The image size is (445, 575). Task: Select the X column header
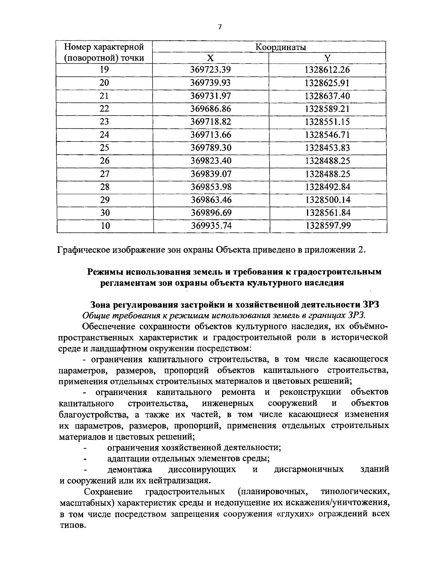211,58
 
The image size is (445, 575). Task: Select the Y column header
327,58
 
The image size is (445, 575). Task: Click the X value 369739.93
211,83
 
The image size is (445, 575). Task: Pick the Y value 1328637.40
327,96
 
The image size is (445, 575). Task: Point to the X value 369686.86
211,109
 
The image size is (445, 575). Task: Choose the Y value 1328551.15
327,122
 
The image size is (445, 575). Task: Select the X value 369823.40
211,161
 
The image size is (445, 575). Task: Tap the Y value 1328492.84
327,187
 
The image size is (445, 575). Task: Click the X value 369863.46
211,200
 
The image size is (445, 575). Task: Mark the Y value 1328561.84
327,213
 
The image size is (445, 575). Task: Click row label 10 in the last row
105,226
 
